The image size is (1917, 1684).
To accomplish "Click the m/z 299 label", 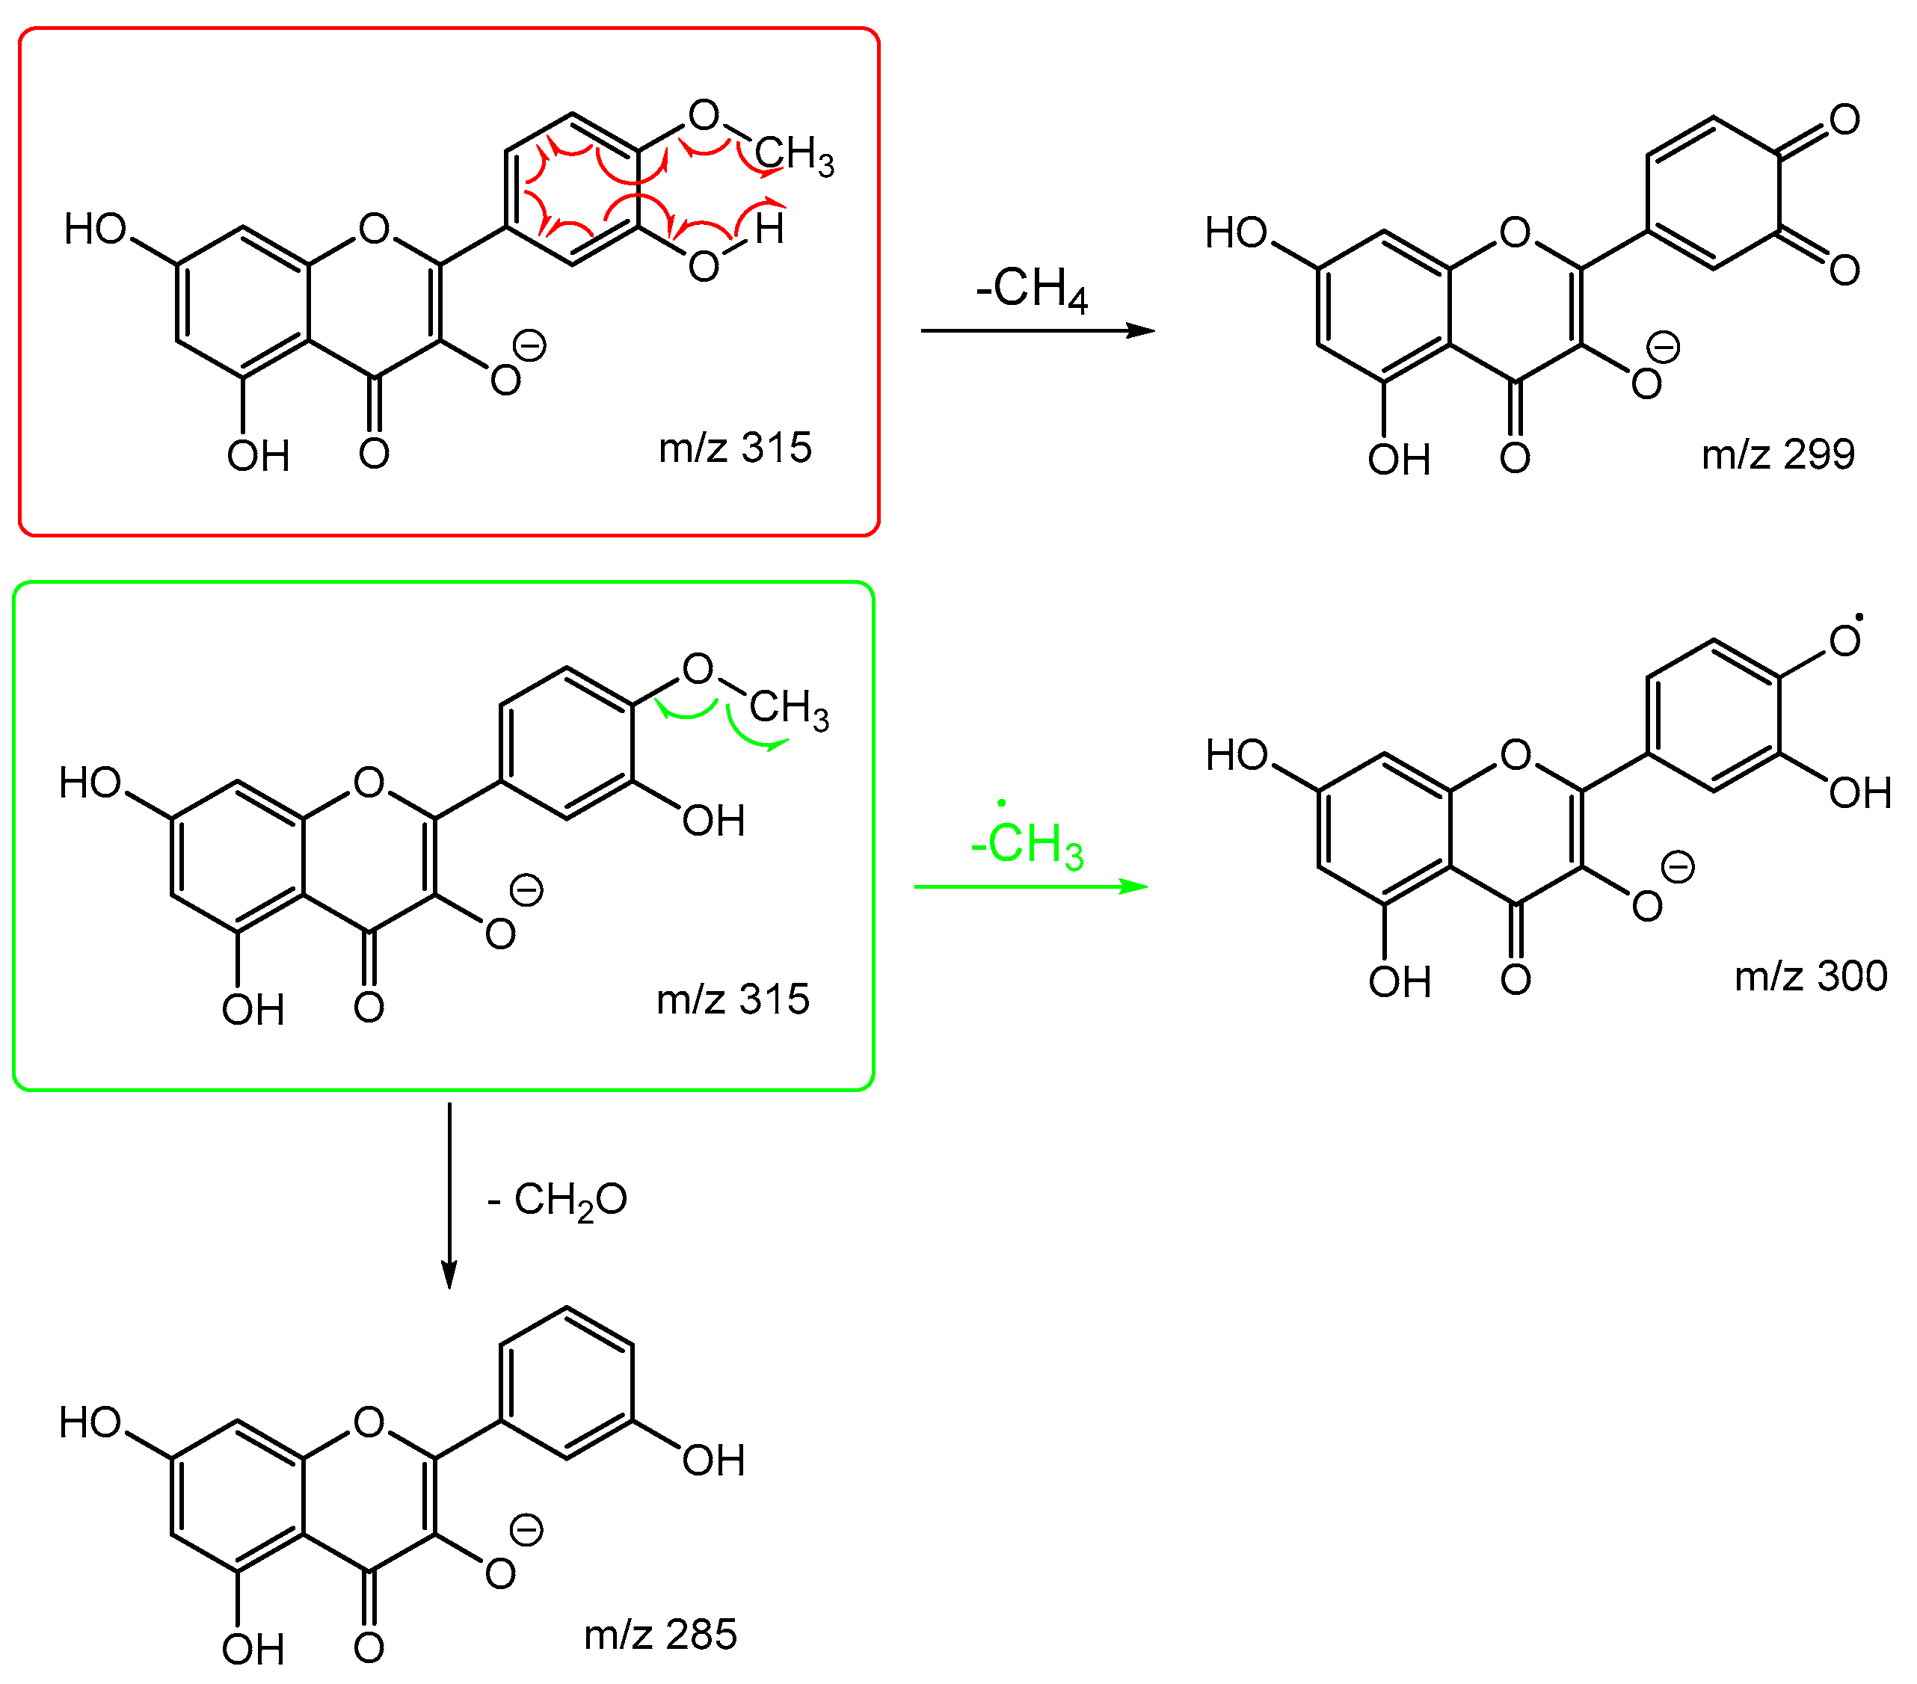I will pyautogui.click(x=1777, y=454).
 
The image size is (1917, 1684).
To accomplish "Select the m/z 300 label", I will pyautogui.click(x=1810, y=977).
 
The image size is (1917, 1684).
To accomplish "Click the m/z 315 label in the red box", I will pyautogui.click(x=734, y=448).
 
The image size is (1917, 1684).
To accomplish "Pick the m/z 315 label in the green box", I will pyautogui.click(x=733, y=999).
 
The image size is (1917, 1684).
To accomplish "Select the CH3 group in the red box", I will pyautogui.click(x=793, y=155).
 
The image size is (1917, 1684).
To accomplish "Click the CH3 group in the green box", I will pyautogui.click(x=789, y=708).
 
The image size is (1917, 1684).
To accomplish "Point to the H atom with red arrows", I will pyautogui.click(x=769, y=229).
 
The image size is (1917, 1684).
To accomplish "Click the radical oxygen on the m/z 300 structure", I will pyautogui.click(x=1844, y=641).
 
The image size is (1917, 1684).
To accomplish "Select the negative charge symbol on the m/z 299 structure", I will pyautogui.click(x=1664, y=348).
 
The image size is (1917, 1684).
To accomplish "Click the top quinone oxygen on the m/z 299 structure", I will pyautogui.click(x=1844, y=120).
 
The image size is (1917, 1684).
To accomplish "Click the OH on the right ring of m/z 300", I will pyautogui.click(x=1859, y=793).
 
